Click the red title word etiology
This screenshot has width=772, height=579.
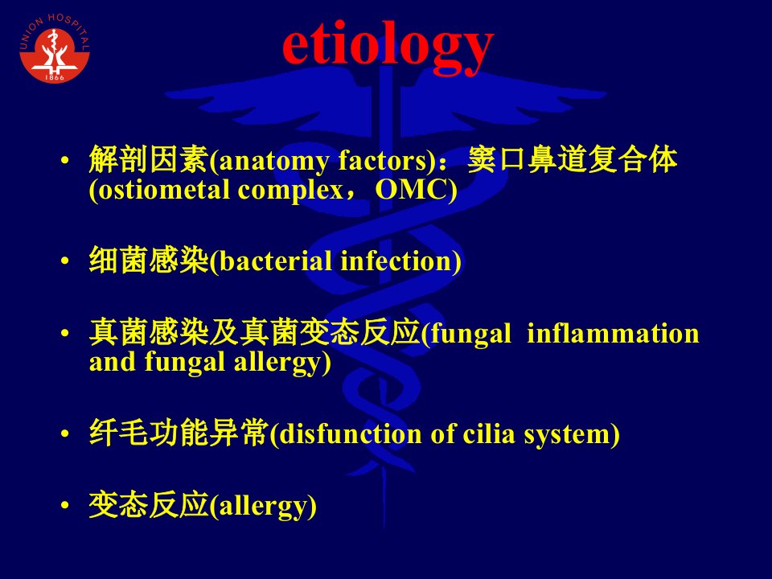tap(388, 47)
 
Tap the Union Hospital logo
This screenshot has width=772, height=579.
tap(55, 47)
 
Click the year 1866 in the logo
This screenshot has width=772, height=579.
tap(55, 77)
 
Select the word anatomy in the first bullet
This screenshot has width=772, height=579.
tap(273, 161)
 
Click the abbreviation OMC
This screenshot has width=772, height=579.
tap(412, 190)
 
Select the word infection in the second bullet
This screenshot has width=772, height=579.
tap(396, 261)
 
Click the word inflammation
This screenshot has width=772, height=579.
tap(613, 333)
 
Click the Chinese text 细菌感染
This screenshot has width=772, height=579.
tap(149, 260)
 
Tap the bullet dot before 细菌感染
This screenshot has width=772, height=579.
tap(65, 261)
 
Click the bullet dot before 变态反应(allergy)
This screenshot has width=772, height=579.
tap(65, 505)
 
